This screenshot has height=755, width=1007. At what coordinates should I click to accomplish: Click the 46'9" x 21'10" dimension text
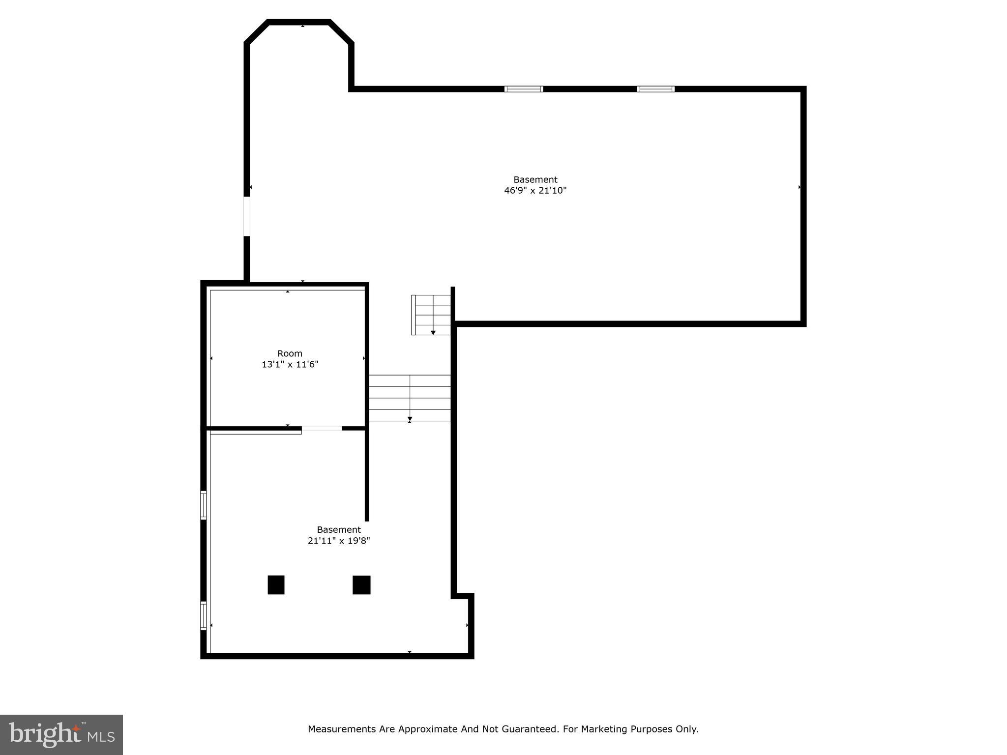click(x=535, y=191)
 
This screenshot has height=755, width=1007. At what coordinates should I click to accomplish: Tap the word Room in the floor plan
click(x=290, y=353)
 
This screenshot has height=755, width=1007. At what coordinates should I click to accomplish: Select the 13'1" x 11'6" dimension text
click(x=290, y=365)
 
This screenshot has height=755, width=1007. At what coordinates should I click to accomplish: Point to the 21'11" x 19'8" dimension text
click(x=339, y=541)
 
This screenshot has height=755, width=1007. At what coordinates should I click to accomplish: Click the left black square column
click(x=276, y=585)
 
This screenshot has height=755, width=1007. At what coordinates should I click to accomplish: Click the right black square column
click(x=361, y=585)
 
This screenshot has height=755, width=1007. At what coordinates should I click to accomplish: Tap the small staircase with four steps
click(x=431, y=315)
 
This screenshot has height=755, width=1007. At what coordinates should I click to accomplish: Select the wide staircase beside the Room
click(x=410, y=398)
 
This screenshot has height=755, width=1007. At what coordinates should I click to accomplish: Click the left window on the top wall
click(x=524, y=89)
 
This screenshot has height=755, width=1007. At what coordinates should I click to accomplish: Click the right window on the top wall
click(x=655, y=89)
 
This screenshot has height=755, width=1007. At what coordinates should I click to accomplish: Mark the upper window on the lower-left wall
click(x=203, y=505)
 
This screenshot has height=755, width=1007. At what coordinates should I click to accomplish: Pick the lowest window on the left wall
click(x=203, y=615)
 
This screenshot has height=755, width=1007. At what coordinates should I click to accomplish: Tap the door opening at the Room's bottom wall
click(x=322, y=429)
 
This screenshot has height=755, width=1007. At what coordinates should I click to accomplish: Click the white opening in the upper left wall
click(x=247, y=216)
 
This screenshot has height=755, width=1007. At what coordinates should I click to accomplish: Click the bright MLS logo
click(x=61, y=734)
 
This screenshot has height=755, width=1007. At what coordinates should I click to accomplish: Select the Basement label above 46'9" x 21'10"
click(x=535, y=179)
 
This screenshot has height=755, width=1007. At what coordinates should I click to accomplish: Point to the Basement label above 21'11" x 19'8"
click(x=339, y=529)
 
